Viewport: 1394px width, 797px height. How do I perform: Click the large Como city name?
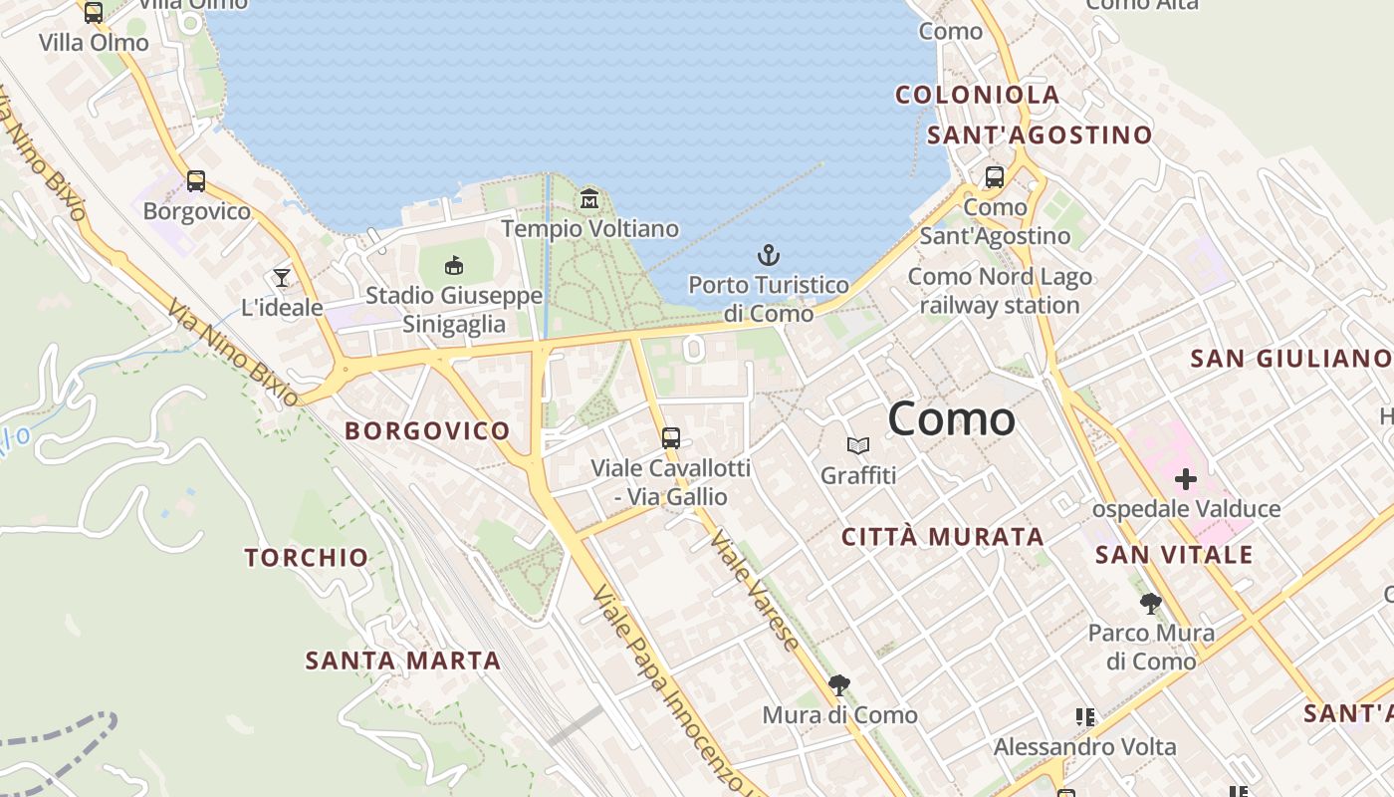point(951,418)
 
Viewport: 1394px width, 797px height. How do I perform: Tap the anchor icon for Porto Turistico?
point(768,255)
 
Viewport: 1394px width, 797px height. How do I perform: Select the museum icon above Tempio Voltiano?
point(589,199)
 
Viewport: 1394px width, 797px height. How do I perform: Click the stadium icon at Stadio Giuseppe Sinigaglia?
point(454,265)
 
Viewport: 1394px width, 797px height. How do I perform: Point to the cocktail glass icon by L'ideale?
point(282,278)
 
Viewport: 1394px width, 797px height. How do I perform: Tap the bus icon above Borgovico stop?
point(196,181)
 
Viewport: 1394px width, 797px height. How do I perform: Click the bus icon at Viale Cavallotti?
point(671,437)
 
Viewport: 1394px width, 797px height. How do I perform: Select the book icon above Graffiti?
point(858,445)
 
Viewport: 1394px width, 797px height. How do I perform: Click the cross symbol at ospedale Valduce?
point(1185,479)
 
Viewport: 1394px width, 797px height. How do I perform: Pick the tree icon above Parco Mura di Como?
point(1150,603)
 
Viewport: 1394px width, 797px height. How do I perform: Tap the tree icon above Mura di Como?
point(839,684)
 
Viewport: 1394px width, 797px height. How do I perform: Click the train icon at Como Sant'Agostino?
point(994,177)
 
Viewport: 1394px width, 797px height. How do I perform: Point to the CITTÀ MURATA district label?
point(942,537)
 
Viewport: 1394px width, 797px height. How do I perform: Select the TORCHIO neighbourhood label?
point(307,558)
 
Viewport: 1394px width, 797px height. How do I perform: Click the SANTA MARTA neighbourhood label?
point(402,661)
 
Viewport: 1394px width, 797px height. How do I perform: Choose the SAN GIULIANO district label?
point(1291,359)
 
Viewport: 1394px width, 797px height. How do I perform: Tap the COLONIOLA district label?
point(977,96)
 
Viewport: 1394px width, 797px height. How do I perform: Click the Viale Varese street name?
point(755,591)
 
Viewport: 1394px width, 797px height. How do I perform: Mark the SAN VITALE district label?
point(1174,555)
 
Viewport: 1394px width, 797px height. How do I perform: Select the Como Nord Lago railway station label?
point(1000,291)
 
